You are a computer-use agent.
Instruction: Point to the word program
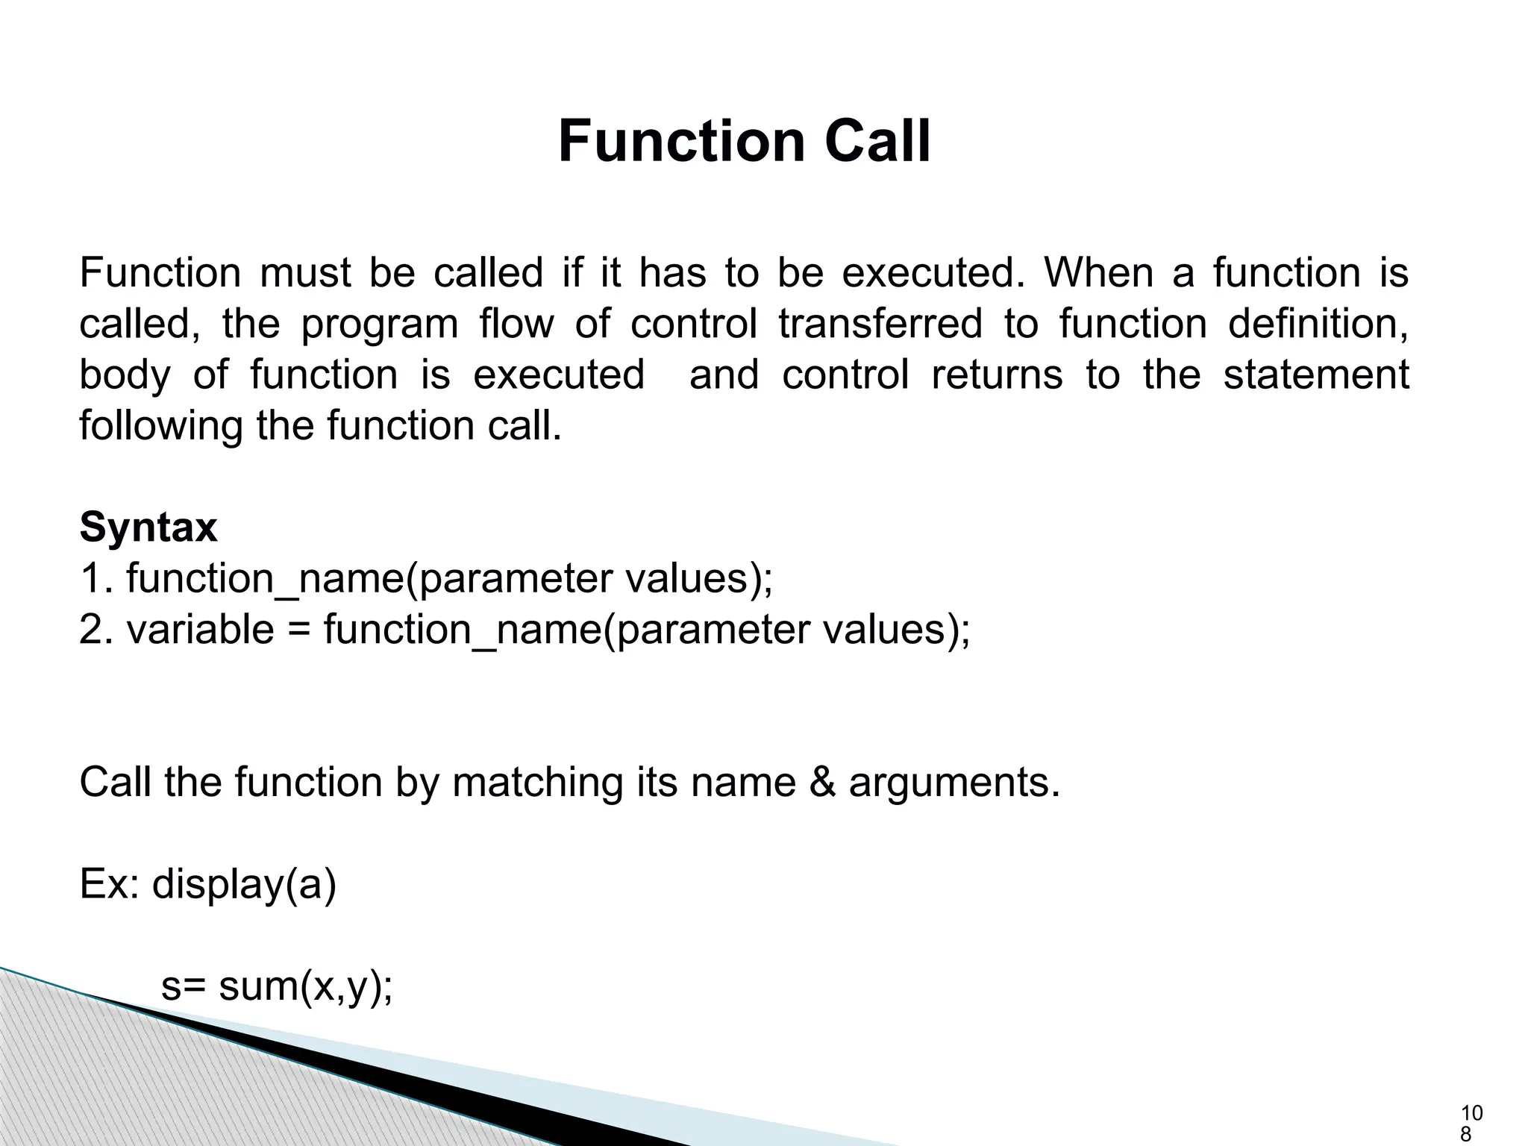[x=380, y=324]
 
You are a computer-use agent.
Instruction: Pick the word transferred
[x=880, y=324]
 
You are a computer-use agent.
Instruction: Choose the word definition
[x=1318, y=324]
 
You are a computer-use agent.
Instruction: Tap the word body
[x=125, y=375]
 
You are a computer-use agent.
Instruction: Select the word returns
[x=997, y=375]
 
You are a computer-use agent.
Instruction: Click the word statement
[x=1316, y=375]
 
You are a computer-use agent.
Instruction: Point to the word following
[x=160, y=427]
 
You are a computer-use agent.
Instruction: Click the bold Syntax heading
[x=148, y=528]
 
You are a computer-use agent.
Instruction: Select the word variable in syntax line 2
[x=200, y=630]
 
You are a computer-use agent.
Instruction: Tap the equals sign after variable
[x=298, y=631]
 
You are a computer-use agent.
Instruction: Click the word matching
[x=536, y=783]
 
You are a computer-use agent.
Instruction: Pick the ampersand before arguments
[x=822, y=783]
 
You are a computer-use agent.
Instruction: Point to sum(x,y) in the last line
[x=305, y=987]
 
